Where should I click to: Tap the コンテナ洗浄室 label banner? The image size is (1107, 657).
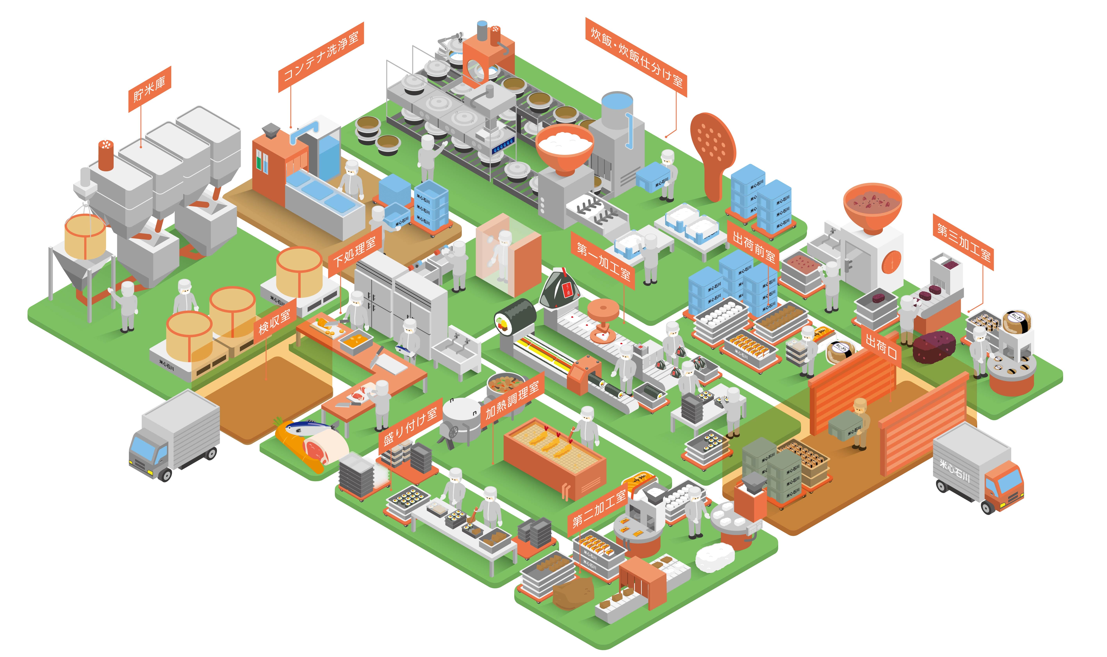[321, 57]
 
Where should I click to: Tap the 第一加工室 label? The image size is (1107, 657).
[603, 261]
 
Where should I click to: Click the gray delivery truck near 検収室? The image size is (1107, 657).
[175, 436]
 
